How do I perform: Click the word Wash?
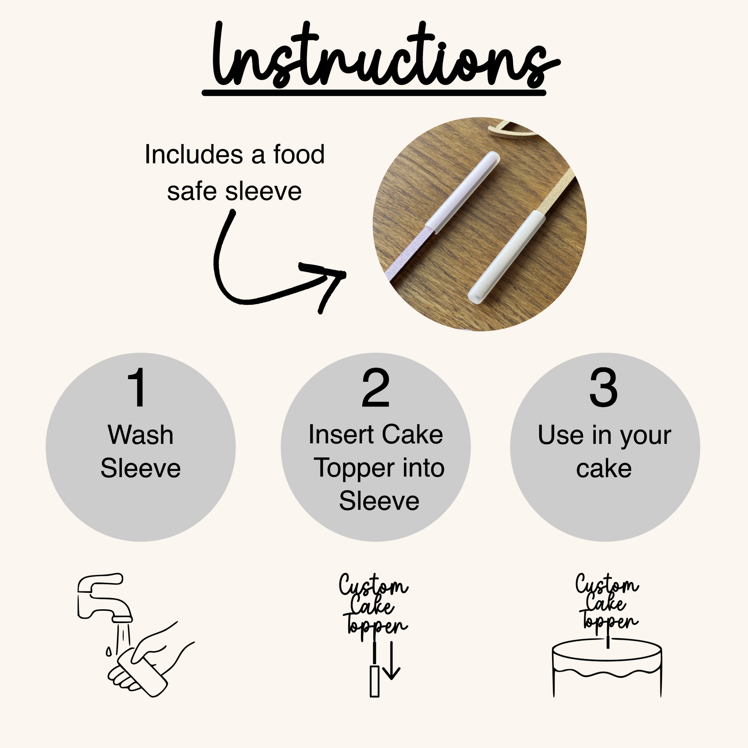click(x=141, y=435)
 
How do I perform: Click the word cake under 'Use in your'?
click(x=603, y=469)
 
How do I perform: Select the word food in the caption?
click(x=299, y=154)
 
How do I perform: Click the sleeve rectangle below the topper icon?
click(x=374, y=682)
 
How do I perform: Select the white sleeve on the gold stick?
click(x=506, y=257)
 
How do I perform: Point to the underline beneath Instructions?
click(x=374, y=93)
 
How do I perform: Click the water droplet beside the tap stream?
click(x=109, y=652)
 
